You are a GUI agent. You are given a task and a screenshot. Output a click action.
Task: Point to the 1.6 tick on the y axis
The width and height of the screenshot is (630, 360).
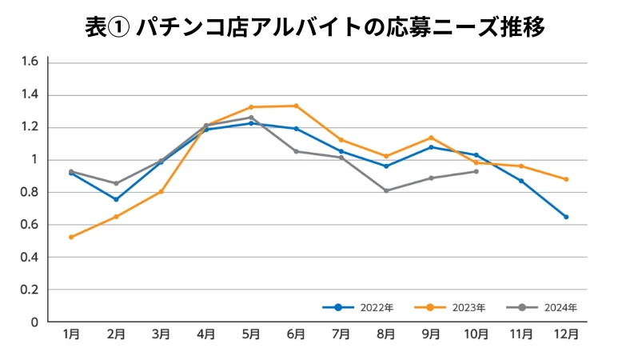pos(30,62)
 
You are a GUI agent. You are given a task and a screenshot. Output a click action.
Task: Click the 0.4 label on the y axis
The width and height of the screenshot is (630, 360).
pos(30,258)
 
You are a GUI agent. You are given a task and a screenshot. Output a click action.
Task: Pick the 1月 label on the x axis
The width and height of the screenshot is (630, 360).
pos(71,335)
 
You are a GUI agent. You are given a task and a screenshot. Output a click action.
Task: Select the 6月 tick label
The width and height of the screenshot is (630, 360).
pos(297,335)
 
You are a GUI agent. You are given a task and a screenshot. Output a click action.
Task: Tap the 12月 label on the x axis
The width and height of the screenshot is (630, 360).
pos(566,335)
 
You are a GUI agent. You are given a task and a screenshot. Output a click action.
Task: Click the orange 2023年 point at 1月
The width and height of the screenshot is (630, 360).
pos(71,237)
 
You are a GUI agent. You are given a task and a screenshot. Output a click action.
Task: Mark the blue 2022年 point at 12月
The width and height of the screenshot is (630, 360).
pos(566,217)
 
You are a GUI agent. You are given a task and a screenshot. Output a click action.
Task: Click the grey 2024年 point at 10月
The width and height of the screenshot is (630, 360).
pos(476,171)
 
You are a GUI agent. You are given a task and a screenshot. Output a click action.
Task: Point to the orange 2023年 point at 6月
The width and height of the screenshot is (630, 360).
pos(297,106)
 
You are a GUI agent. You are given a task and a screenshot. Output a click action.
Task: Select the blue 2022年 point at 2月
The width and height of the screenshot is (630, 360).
pos(116,199)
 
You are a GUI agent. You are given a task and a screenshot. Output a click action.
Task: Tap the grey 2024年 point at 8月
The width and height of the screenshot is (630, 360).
pos(386,190)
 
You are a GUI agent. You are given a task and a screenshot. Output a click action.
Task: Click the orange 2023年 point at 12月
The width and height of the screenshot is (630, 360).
pos(566,179)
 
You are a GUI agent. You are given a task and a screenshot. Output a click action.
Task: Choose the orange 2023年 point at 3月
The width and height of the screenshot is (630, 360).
pos(161,191)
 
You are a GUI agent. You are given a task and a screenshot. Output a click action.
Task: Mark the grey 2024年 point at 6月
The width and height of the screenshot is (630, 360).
pos(297,151)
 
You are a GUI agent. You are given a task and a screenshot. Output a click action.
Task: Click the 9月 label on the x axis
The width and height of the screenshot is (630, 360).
pos(432,335)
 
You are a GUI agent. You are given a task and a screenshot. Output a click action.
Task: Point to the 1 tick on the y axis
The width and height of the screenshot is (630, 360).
pos(34,160)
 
